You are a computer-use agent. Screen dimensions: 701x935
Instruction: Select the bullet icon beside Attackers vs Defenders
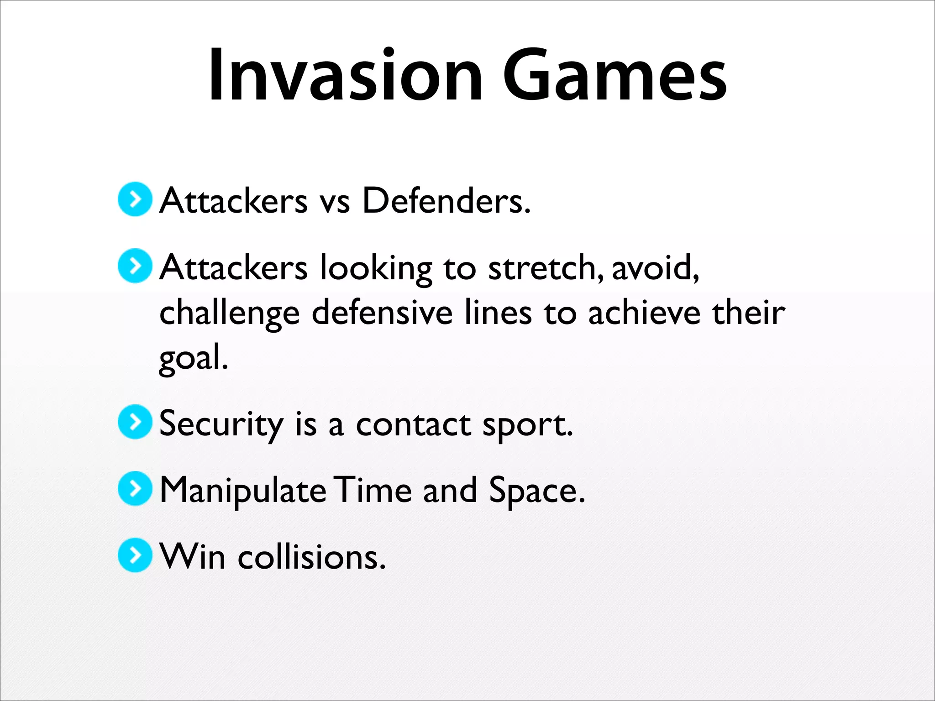pos(135,199)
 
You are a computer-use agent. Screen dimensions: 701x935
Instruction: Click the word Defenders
pos(446,201)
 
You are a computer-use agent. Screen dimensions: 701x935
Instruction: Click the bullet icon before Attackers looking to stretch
pos(135,266)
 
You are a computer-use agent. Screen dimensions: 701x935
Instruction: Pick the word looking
pos(375,268)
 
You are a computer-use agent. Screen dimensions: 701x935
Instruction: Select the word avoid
pos(655,267)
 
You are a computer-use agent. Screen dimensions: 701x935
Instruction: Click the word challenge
pos(229,314)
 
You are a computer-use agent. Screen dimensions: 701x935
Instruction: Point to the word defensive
pos(382,313)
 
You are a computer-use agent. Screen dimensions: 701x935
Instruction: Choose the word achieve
pos(644,313)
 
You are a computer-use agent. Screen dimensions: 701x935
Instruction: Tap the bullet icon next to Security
pos(135,422)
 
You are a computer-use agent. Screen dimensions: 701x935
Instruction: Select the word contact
pos(413,424)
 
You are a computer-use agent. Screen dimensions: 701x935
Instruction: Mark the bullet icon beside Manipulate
pos(135,488)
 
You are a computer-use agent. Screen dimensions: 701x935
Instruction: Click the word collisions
pos(311,557)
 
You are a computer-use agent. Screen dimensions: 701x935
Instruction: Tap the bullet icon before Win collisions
pos(135,555)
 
